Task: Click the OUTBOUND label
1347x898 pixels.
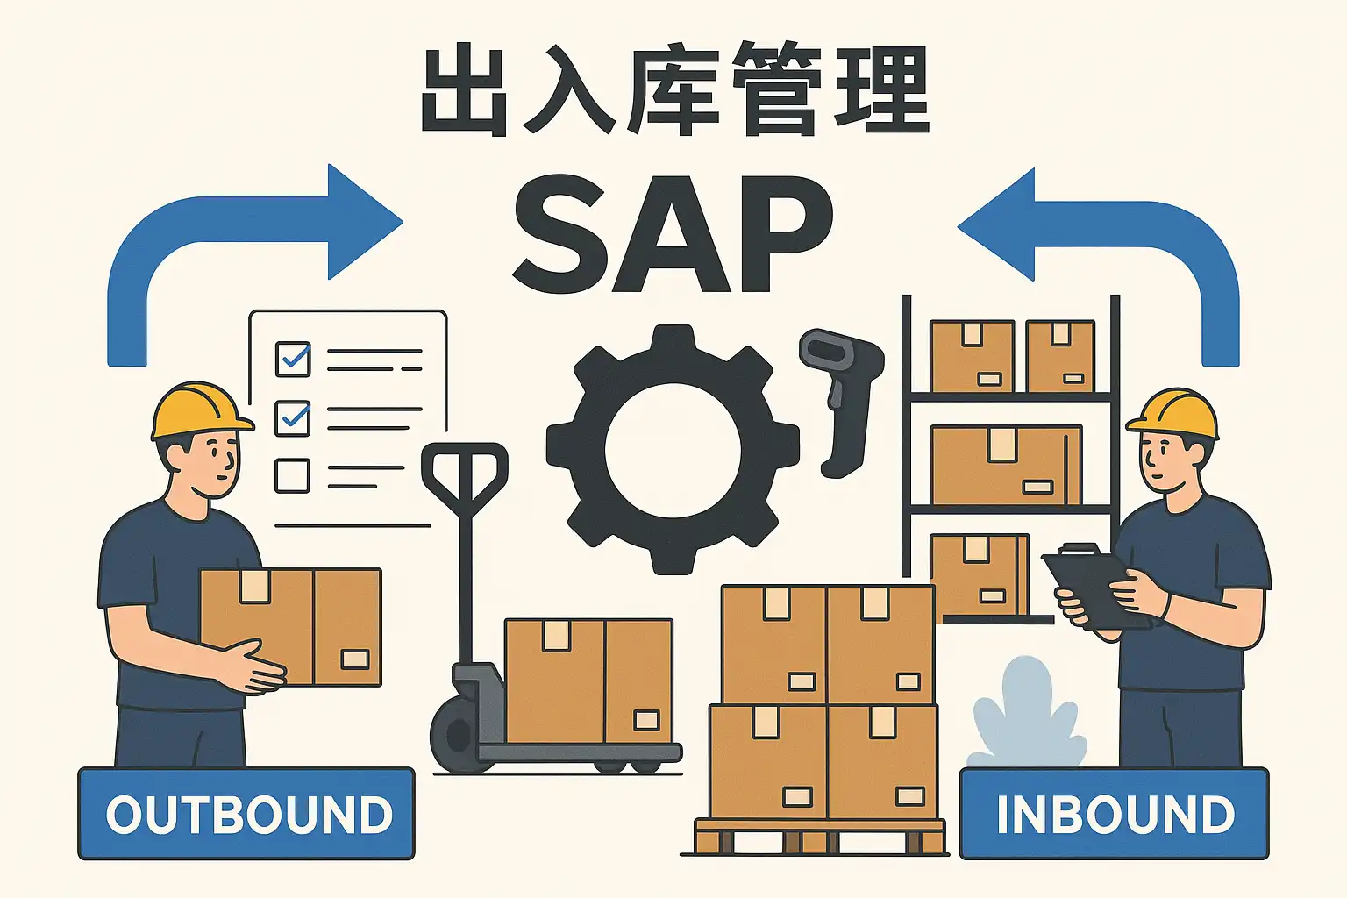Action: click(x=246, y=814)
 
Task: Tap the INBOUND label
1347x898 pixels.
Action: click(x=1114, y=814)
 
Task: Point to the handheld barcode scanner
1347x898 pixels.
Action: click(x=840, y=395)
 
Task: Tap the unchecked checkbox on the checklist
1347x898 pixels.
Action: click(x=292, y=476)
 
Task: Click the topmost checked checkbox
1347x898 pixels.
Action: click(x=293, y=359)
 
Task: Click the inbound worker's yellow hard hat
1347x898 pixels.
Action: click(x=1175, y=413)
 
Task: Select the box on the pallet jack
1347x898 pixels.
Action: click(x=588, y=681)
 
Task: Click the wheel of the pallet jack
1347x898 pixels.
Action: click(x=455, y=735)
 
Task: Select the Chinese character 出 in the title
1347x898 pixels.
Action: click(x=464, y=91)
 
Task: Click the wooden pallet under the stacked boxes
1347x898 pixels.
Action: click(x=820, y=838)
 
